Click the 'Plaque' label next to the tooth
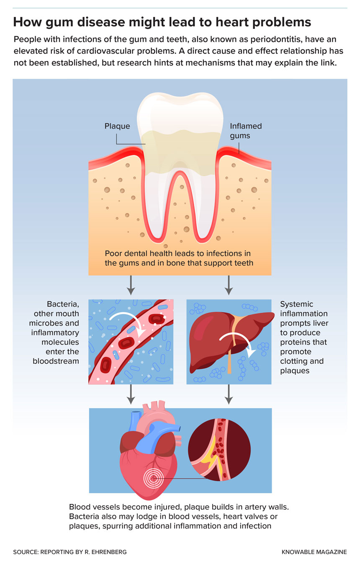(x=117, y=126)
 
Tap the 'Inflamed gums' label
(x=246, y=131)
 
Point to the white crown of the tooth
(x=180, y=113)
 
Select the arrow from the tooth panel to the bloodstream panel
(x=131, y=285)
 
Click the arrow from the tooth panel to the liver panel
(x=228, y=285)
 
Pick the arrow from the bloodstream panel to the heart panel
(x=131, y=394)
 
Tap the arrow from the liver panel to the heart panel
(x=228, y=394)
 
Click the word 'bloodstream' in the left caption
(x=56, y=361)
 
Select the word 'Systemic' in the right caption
(x=296, y=304)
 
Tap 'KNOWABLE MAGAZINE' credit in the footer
(x=314, y=552)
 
